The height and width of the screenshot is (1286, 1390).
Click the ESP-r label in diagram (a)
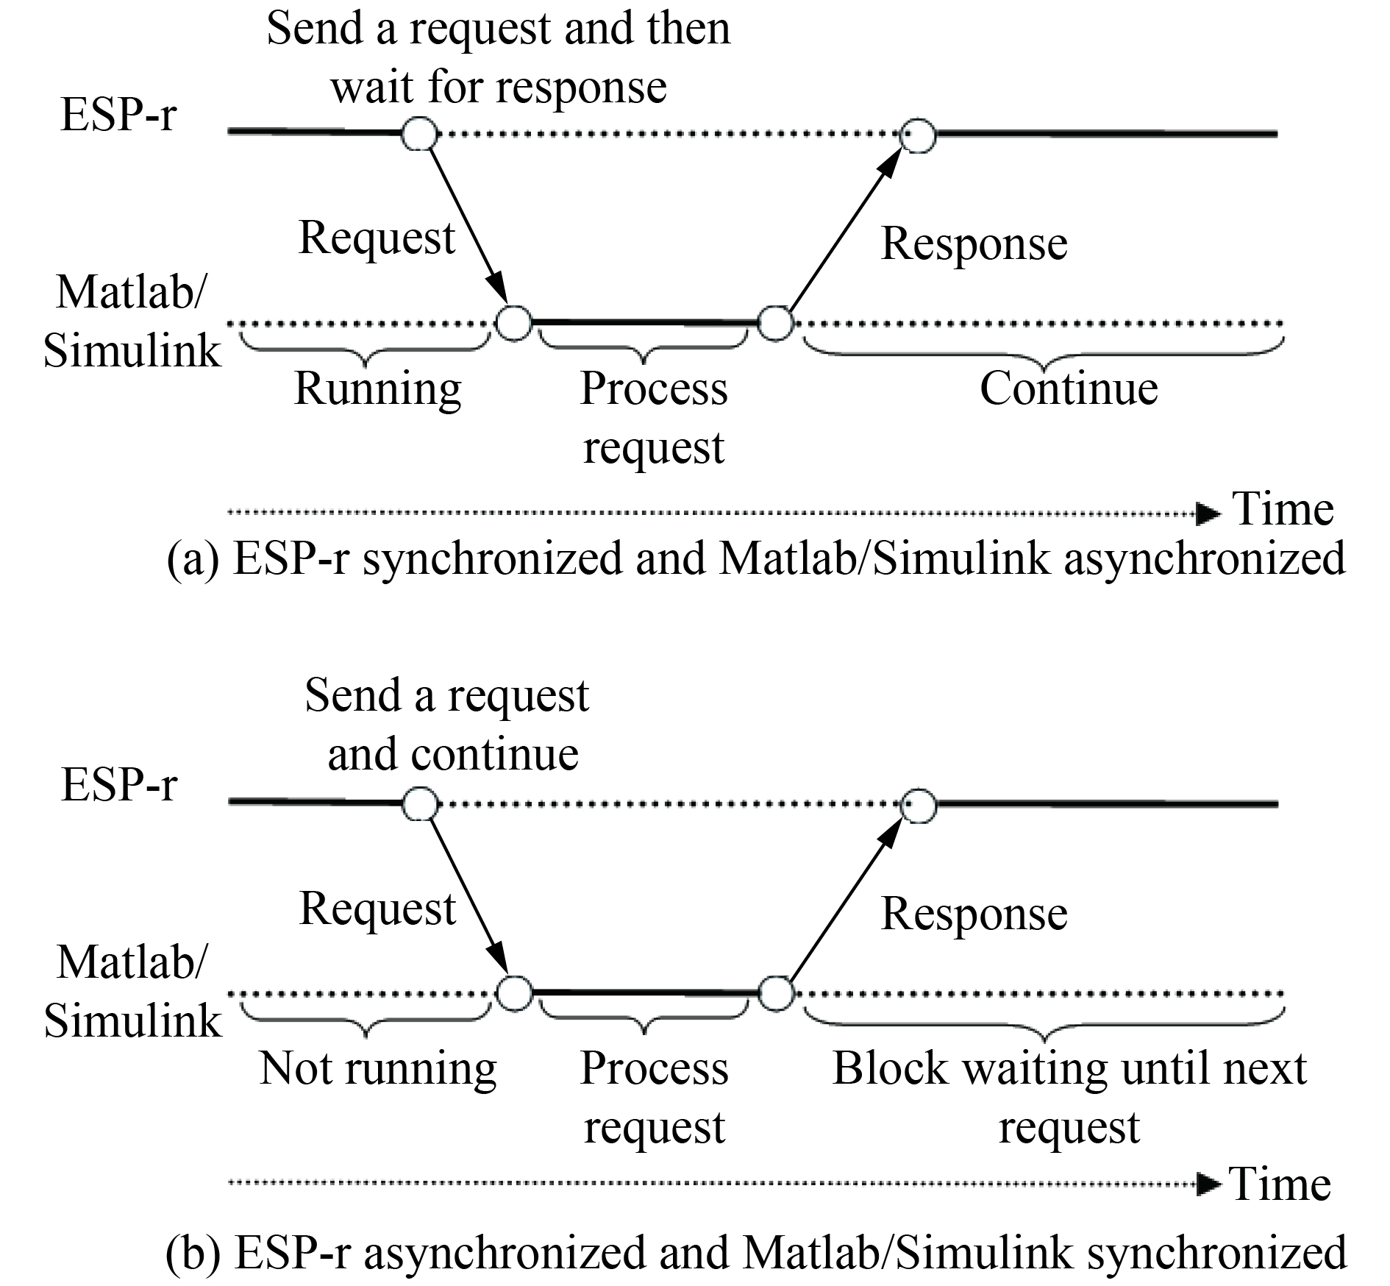coord(118,116)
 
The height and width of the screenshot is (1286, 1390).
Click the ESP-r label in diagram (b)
coord(119,784)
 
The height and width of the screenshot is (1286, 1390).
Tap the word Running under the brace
coord(377,388)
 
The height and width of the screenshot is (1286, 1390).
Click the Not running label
coord(378,1068)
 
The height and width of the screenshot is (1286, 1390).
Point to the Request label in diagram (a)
coord(377,238)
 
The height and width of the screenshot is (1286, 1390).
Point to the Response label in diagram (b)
coord(974,914)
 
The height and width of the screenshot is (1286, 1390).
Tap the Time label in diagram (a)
coord(1283,509)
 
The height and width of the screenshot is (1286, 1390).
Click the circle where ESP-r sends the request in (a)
coord(419,134)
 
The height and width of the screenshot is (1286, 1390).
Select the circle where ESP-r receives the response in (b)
coord(919,805)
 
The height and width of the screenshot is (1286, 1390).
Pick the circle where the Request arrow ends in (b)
coord(513,993)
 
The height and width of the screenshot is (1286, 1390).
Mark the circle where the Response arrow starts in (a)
coord(774,323)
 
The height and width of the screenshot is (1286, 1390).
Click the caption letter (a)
coord(193,559)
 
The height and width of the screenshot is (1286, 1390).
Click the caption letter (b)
coord(193,1254)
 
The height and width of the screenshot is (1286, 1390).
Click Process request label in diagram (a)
coord(653,417)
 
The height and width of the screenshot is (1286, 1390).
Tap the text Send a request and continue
coord(447,724)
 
